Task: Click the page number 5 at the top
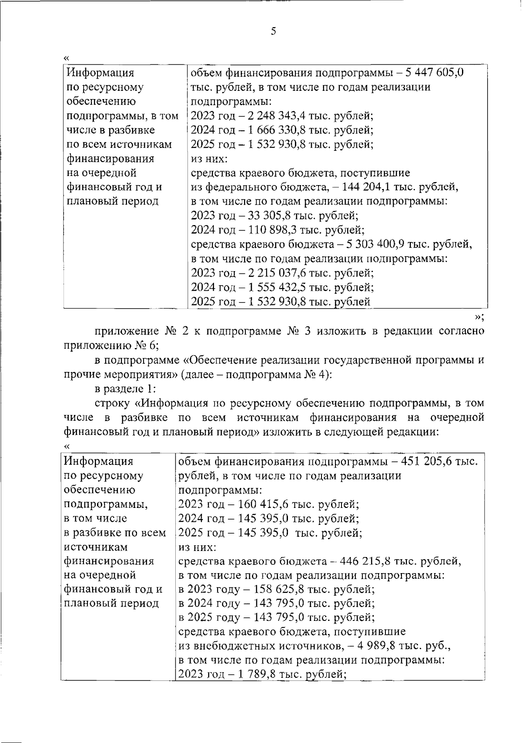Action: tap(273, 31)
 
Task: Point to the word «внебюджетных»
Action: tap(240, 647)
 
